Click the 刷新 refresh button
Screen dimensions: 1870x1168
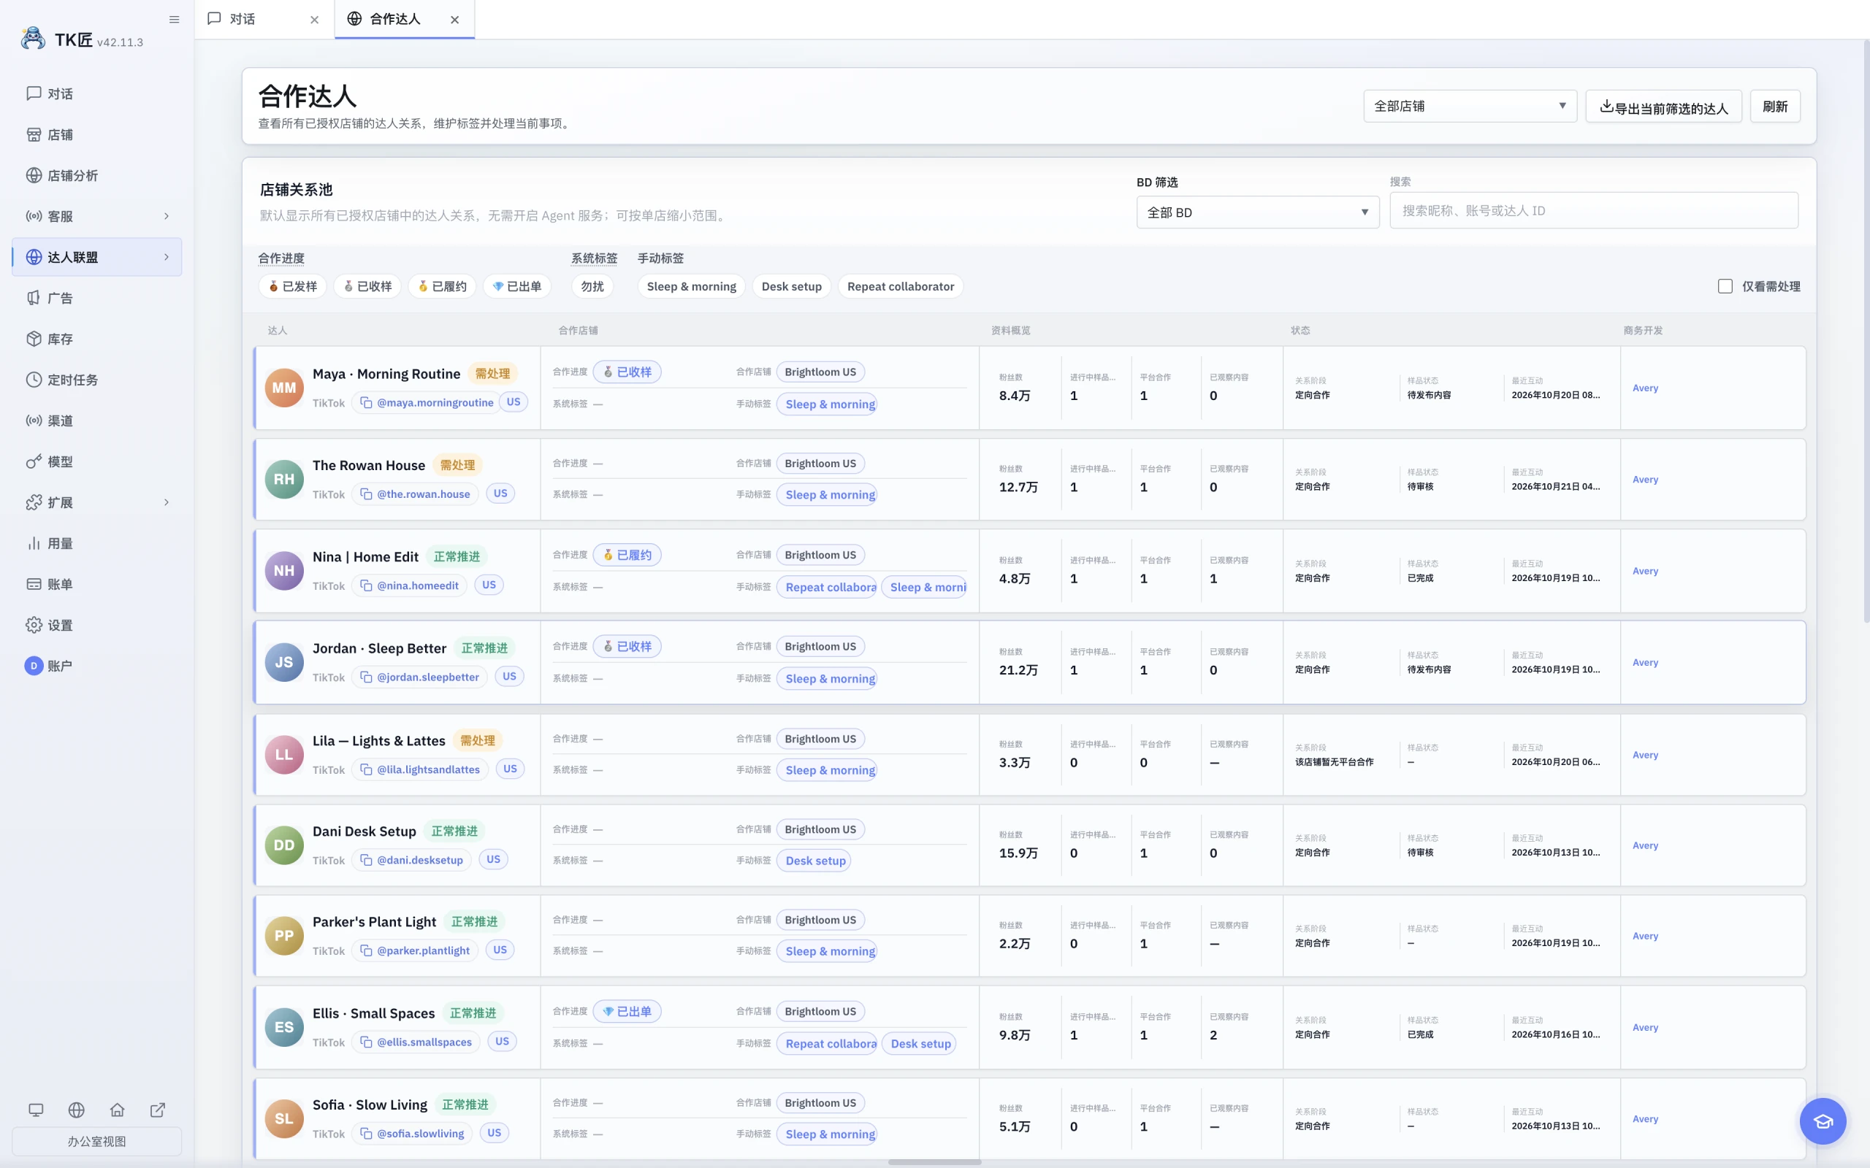click(x=1775, y=107)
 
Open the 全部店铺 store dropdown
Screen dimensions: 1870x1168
click(x=1470, y=107)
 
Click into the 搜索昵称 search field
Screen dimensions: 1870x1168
click(x=1593, y=211)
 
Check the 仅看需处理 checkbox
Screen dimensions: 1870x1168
click(x=1725, y=287)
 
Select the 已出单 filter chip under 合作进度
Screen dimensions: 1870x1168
click(x=517, y=287)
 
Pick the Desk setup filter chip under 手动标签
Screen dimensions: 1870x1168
click(x=791, y=287)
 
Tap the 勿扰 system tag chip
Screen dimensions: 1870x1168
click(x=592, y=287)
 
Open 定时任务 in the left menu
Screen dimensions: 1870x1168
click(x=72, y=380)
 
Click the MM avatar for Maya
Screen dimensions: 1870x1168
click(x=283, y=388)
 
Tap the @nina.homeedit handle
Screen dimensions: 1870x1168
click(x=417, y=585)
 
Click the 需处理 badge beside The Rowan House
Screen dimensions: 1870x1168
click(x=457, y=465)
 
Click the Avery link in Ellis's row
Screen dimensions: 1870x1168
click(x=1645, y=1027)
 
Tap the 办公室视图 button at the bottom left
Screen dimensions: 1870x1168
click(x=96, y=1141)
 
